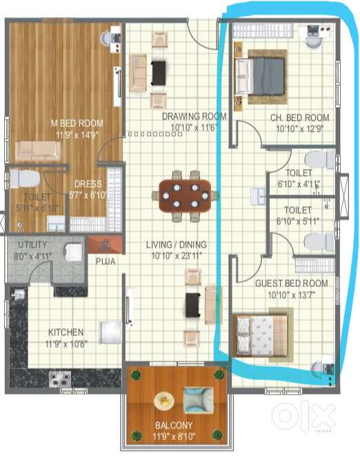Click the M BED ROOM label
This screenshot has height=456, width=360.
[77, 123]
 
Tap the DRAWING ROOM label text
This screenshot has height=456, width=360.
[194, 117]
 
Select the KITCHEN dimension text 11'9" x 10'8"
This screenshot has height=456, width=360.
[66, 344]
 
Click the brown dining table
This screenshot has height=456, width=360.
[186, 195]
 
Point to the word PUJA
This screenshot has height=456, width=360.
[106, 261]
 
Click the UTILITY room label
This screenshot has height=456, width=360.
[32, 245]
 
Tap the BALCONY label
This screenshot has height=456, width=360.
[174, 426]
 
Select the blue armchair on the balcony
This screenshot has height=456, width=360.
[199, 400]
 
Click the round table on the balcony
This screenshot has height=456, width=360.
[164, 402]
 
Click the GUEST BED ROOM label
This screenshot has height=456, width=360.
[292, 283]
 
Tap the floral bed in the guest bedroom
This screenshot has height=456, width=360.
[261, 335]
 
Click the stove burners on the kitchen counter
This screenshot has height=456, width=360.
[60, 379]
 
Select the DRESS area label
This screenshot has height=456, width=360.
[88, 184]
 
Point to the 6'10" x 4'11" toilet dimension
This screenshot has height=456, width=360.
[299, 184]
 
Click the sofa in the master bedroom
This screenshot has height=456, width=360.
[39, 150]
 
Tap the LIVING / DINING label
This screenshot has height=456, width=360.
[177, 245]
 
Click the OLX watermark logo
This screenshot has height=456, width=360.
[303, 415]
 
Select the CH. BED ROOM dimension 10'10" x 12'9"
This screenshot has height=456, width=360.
[300, 128]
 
